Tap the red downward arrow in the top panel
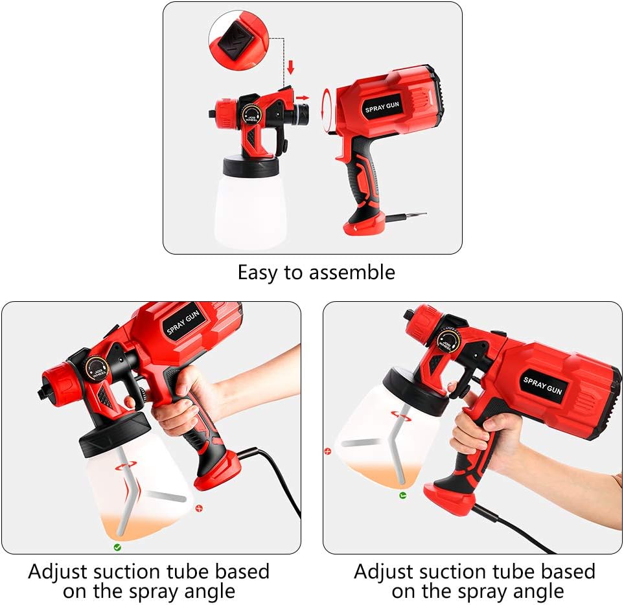point(290,67)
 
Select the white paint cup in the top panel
point(248,207)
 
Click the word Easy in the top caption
point(258,272)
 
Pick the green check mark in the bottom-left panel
point(117,547)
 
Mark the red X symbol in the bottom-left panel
point(199,508)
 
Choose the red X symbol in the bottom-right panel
point(328,451)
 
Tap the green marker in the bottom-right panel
point(402,496)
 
